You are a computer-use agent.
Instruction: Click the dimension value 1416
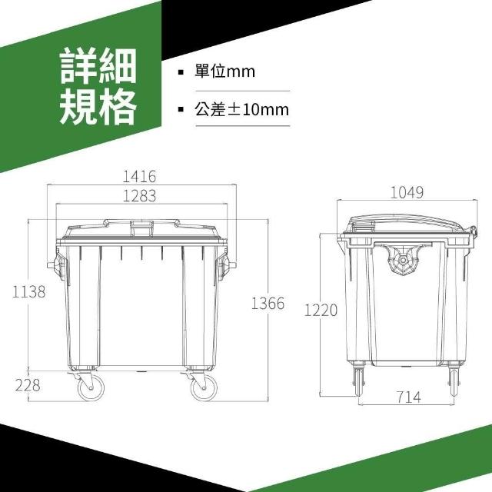(138, 177)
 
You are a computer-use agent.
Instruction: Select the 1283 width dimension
(139, 196)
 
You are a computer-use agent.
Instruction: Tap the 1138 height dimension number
(29, 292)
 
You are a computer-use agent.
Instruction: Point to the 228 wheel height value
(28, 385)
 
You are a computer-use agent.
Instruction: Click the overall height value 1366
(268, 304)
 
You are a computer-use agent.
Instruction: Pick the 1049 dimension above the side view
(407, 193)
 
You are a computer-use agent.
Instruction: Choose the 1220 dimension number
(321, 311)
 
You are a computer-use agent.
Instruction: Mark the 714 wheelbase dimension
(408, 397)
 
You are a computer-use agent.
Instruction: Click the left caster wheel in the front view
(91, 387)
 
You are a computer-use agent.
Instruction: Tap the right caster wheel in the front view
(204, 387)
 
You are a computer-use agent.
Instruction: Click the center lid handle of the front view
(141, 228)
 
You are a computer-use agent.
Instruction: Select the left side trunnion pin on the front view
(51, 265)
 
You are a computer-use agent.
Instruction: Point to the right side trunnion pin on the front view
(233, 265)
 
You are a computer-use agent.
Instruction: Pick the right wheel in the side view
(454, 382)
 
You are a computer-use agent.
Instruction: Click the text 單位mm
(224, 71)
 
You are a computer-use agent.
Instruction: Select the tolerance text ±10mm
(258, 110)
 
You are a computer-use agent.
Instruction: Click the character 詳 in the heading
(78, 66)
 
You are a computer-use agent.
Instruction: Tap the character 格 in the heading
(118, 106)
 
